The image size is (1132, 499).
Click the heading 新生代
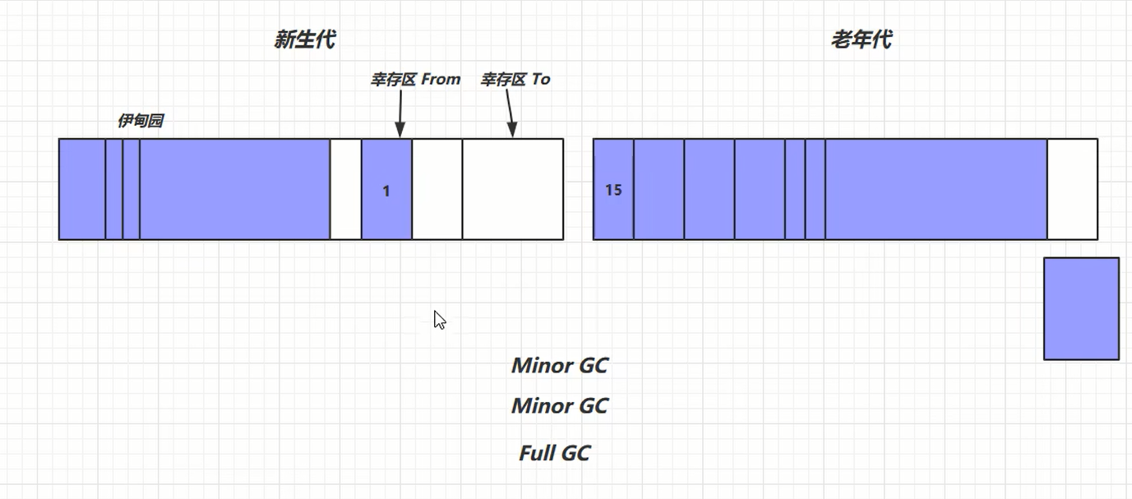304,39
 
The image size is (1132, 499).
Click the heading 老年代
861,39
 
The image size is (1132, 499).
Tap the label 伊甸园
140,121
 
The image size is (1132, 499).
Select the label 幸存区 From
415,79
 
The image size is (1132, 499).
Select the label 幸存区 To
515,79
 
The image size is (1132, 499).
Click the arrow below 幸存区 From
400,113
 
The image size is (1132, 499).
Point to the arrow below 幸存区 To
510,113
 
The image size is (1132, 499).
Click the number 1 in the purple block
386,191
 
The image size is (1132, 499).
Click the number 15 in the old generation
613,190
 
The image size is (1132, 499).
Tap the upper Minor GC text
559,365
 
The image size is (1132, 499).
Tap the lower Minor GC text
559,405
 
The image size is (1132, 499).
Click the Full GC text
554,453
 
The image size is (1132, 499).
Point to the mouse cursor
439,320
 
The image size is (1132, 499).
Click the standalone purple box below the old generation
1081,308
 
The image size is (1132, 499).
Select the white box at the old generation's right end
1072,189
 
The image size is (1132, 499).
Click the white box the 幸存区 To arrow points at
512,189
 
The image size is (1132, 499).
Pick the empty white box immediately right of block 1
437,189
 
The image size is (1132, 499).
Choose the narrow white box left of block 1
345,189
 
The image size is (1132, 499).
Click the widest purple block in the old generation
936,189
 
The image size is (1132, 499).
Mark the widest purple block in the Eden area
234,189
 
